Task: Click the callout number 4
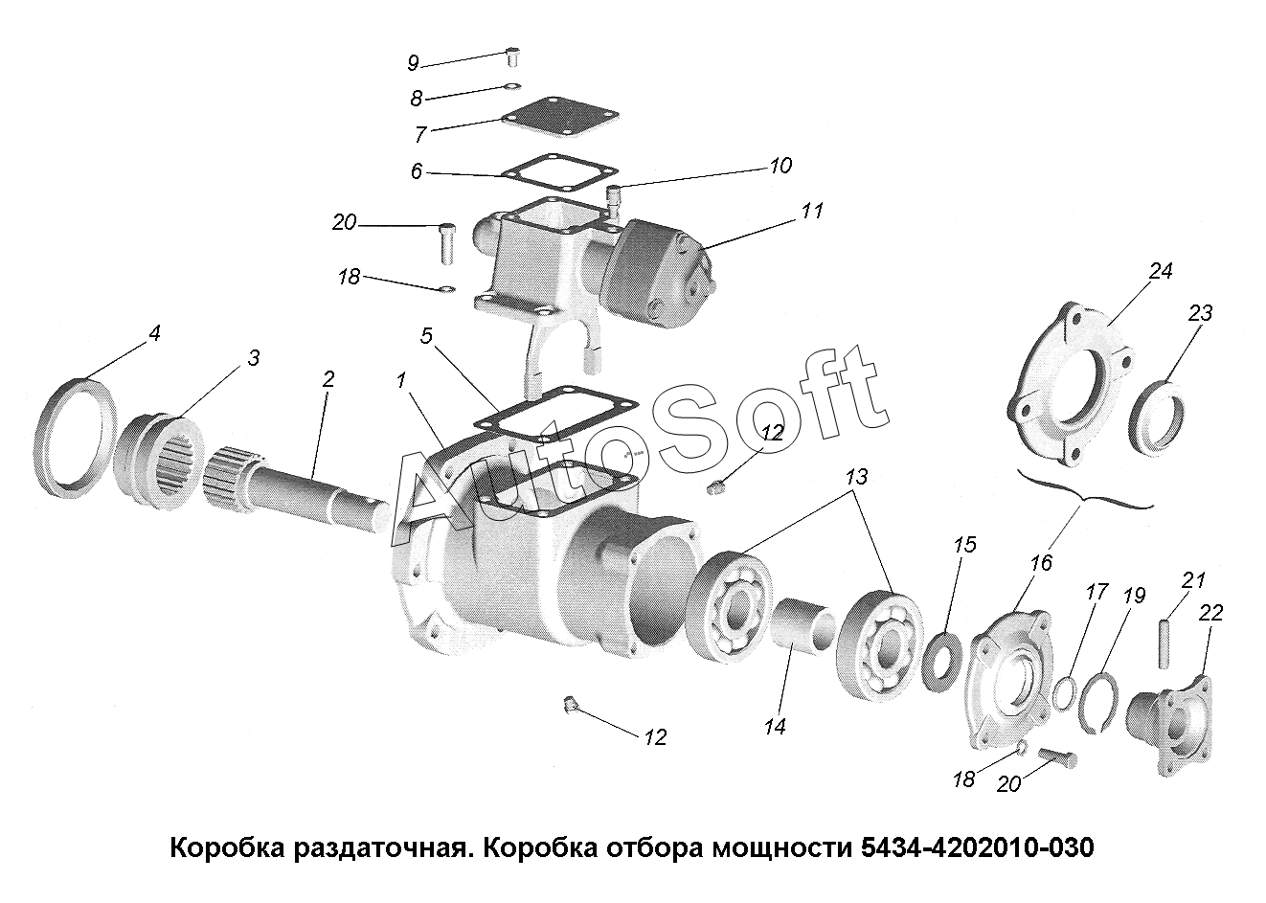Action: [x=154, y=333]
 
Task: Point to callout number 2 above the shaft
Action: [x=328, y=379]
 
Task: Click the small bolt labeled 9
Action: [x=512, y=57]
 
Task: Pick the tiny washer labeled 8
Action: [x=513, y=86]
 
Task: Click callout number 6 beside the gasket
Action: [x=417, y=170]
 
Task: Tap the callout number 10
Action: [x=780, y=166]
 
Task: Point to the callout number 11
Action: [x=811, y=211]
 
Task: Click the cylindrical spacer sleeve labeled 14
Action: [x=803, y=628]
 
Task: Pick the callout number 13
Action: [x=856, y=477]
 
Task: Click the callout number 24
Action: [x=1161, y=271]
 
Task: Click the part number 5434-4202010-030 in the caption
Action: [x=977, y=848]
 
